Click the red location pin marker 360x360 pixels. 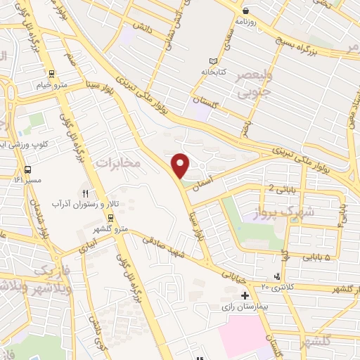point(181,165)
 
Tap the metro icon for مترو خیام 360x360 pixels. point(51,74)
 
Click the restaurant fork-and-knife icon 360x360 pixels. point(86,193)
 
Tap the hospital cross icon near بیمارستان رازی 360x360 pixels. point(244,295)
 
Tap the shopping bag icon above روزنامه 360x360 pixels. point(245,11)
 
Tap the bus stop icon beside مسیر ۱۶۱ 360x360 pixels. point(27,169)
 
